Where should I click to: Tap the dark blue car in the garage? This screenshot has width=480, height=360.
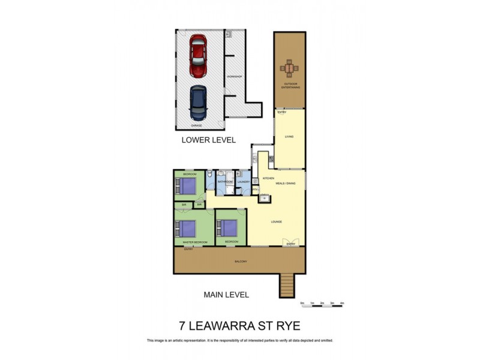pyautogui.click(x=197, y=103)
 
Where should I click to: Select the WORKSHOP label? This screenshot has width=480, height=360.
pyautogui.click(x=233, y=77)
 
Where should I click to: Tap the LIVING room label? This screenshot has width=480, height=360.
pyautogui.click(x=289, y=137)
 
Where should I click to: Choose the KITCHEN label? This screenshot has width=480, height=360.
pyautogui.click(x=268, y=179)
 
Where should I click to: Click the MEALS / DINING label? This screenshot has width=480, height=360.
pyautogui.click(x=285, y=183)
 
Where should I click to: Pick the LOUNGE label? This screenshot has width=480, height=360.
pyautogui.click(x=276, y=222)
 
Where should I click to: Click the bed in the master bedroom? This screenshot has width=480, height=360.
pyautogui.click(x=187, y=229)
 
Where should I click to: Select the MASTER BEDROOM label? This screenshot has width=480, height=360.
pyautogui.click(x=195, y=242)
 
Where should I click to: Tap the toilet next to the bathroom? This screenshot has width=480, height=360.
pyautogui.click(x=209, y=175)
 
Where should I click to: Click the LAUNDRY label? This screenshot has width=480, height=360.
pyautogui.click(x=244, y=181)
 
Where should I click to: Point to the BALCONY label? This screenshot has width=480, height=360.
pyautogui.click(x=240, y=262)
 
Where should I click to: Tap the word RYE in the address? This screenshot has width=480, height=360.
pyautogui.click(x=286, y=326)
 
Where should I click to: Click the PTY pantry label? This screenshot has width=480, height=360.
pyautogui.click(x=254, y=190)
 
